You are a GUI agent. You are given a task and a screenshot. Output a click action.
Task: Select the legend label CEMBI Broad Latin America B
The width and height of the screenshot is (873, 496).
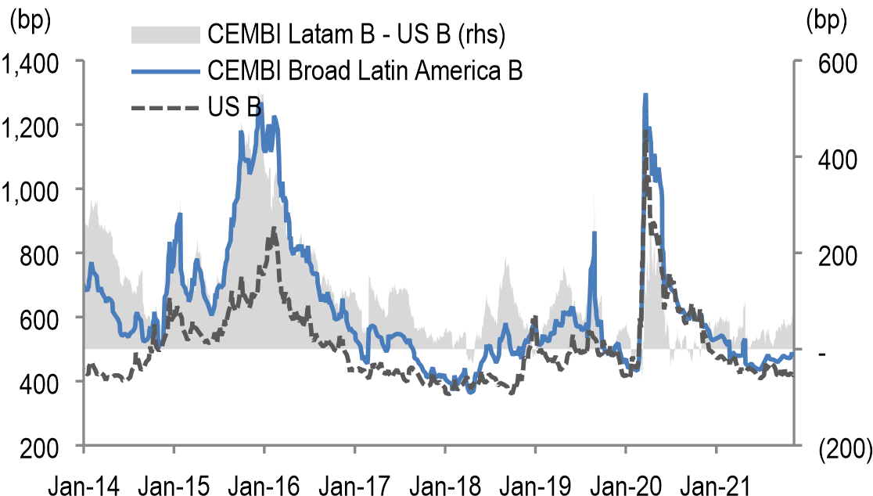[365, 71]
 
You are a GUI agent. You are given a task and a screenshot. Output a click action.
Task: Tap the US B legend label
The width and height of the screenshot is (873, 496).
[235, 107]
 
